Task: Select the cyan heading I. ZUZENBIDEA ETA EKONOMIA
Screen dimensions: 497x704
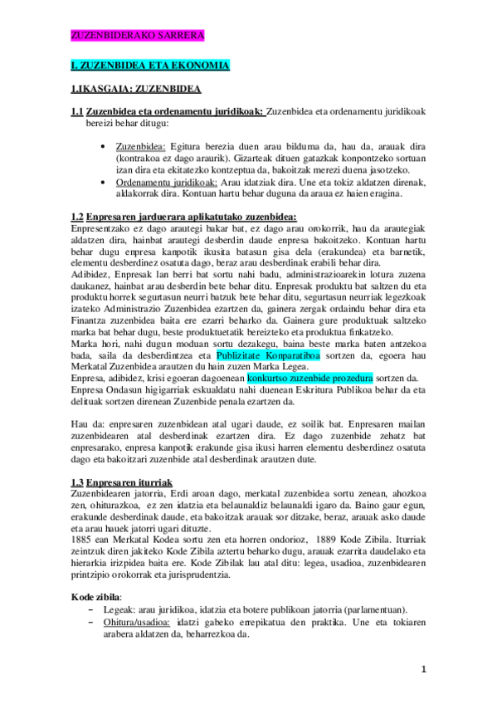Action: tap(150, 65)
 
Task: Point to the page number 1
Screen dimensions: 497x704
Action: tap(423, 669)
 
